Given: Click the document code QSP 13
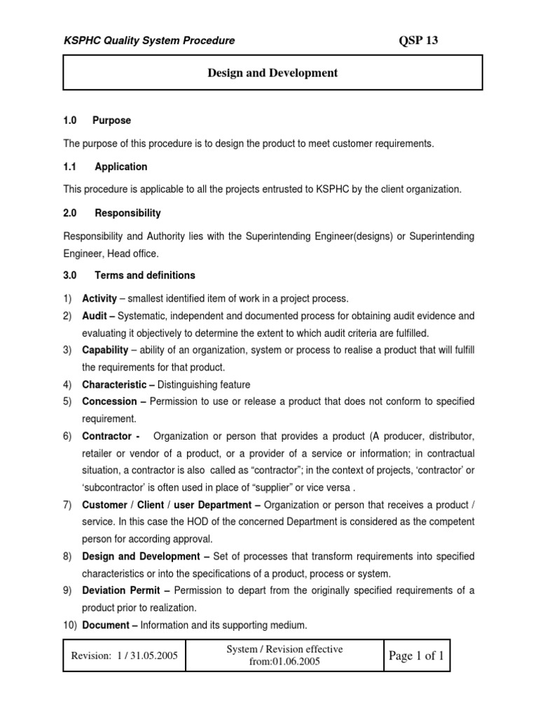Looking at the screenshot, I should pyautogui.click(x=418, y=41).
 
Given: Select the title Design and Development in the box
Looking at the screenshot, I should pyautogui.click(x=273, y=73).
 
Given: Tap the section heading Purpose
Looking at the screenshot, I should pyautogui.click(x=112, y=120).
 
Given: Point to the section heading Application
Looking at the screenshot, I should pyautogui.click(x=121, y=167).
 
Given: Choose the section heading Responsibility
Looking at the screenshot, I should pyautogui.click(x=127, y=213).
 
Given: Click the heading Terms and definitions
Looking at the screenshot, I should pyautogui.click(x=145, y=275).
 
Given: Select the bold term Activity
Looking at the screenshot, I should pyautogui.click(x=99, y=298).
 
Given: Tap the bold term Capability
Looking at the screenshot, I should pyautogui.click(x=105, y=350).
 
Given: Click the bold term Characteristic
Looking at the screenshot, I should pyautogui.click(x=114, y=384).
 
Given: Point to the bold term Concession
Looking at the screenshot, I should pyautogui.click(x=109, y=401).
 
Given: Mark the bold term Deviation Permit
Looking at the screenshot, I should pyautogui.click(x=123, y=590).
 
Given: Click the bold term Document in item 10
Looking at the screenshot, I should pyautogui.click(x=106, y=625).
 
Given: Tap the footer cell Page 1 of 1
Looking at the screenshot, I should pyautogui.click(x=417, y=655).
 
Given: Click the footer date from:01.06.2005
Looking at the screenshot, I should pyautogui.click(x=284, y=662).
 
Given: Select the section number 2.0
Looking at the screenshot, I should pyautogui.click(x=70, y=213).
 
